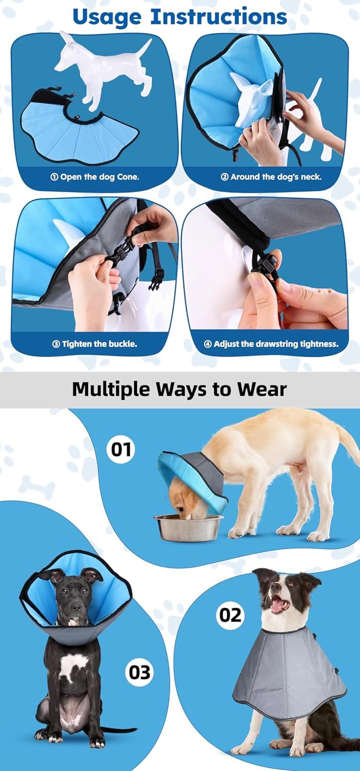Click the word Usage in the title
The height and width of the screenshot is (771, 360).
(x=107, y=17)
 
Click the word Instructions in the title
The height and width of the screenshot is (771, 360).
(x=219, y=16)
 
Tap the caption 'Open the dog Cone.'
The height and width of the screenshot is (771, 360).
(x=95, y=177)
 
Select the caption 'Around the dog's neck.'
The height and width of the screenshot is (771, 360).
(x=271, y=177)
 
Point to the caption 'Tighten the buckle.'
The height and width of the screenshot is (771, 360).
(x=95, y=344)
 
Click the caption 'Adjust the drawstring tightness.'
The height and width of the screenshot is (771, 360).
(x=272, y=344)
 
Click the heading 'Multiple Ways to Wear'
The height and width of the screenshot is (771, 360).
(x=179, y=389)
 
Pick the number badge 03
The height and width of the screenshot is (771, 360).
(x=139, y=672)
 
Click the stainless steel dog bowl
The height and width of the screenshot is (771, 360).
(x=188, y=527)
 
